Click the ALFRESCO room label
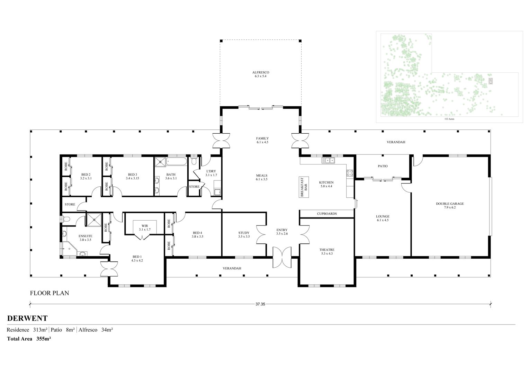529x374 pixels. click(260, 72)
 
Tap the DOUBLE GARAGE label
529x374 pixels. click(450, 204)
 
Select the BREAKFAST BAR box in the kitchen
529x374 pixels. click(304, 187)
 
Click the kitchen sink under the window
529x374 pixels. click(328, 160)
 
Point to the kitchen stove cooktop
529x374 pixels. click(350, 173)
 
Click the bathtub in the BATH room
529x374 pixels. click(177, 162)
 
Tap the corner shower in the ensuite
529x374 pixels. click(70, 249)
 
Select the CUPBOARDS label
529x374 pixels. click(327, 214)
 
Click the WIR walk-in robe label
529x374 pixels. click(144, 226)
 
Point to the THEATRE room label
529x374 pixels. click(327, 250)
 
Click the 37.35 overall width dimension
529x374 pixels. click(260, 304)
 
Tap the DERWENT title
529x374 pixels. click(27, 318)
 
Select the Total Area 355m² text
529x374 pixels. click(29, 339)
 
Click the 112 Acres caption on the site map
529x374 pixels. click(449, 119)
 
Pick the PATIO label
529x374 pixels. click(383, 166)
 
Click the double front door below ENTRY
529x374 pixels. click(282, 258)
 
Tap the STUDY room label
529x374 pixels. click(244, 233)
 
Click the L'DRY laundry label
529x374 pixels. click(211, 171)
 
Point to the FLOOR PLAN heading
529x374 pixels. click(50, 293)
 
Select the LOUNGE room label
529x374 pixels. click(383, 216)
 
